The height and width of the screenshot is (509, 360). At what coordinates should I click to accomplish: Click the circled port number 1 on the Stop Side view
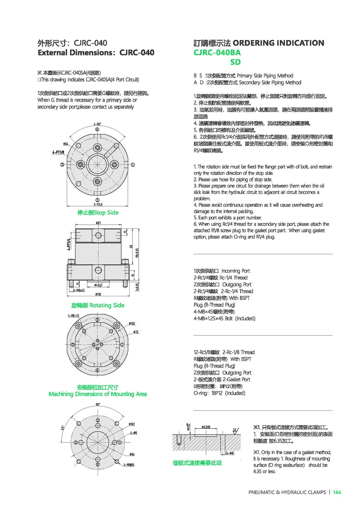click(x=132, y=164)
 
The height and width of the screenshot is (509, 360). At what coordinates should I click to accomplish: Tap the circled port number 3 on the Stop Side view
click(x=62, y=164)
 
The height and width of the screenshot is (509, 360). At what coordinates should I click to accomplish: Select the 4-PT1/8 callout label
click(x=59, y=152)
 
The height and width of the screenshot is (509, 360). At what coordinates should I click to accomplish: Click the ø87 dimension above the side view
click(x=98, y=222)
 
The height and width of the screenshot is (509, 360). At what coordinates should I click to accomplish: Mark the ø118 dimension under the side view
click(x=98, y=294)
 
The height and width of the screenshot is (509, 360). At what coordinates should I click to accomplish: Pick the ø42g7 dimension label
click(x=99, y=285)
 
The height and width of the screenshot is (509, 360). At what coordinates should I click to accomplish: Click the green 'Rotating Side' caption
click(x=98, y=305)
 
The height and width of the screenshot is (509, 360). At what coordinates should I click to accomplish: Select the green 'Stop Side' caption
click(x=98, y=212)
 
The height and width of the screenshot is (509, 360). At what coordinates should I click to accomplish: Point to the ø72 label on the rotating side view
click(x=136, y=332)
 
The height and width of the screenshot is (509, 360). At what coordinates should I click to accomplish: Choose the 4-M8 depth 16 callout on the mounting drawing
click(x=129, y=465)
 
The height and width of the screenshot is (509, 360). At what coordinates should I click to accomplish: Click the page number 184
click(x=337, y=492)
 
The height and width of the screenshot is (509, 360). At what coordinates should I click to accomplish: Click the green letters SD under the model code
click(x=235, y=62)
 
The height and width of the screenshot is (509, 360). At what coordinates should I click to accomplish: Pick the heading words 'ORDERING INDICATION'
click(x=278, y=43)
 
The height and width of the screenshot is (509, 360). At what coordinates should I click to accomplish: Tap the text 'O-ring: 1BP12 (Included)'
click(x=219, y=393)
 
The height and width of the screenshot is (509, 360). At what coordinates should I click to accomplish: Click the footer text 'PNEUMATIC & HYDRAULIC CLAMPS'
click(x=287, y=492)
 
